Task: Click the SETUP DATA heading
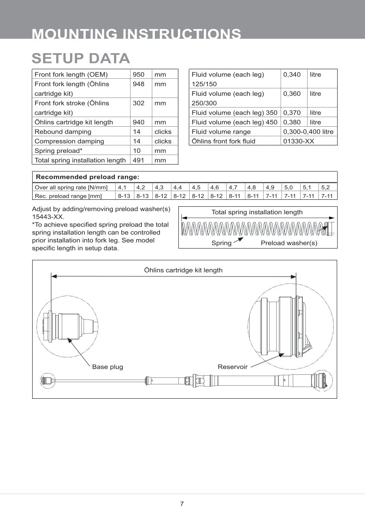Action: (x=81, y=58)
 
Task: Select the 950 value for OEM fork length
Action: (x=138, y=74)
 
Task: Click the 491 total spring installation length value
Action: (x=138, y=160)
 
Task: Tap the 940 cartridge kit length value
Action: (x=138, y=122)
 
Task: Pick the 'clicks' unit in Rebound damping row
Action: (x=163, y=132)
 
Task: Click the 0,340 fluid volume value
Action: (x=291, y=74)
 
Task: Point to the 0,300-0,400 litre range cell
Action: (x=308, y=131)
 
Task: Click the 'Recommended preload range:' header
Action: (x=87, y=177)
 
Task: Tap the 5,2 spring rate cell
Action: (x=325, y=188)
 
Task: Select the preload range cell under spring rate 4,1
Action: (x=124, y=196)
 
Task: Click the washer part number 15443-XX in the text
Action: (x=48, y=216)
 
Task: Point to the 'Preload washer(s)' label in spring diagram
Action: (x=289, y=243)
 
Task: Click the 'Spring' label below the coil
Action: (x=221, y=243)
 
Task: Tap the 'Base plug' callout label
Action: (x=107, y=367)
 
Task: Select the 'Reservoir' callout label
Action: (x=232, y=367)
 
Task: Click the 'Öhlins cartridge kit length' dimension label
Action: (x=183, y=270)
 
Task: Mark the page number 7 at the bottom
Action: (x=182, y=504)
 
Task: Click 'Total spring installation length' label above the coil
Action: (x=257, y=212)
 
